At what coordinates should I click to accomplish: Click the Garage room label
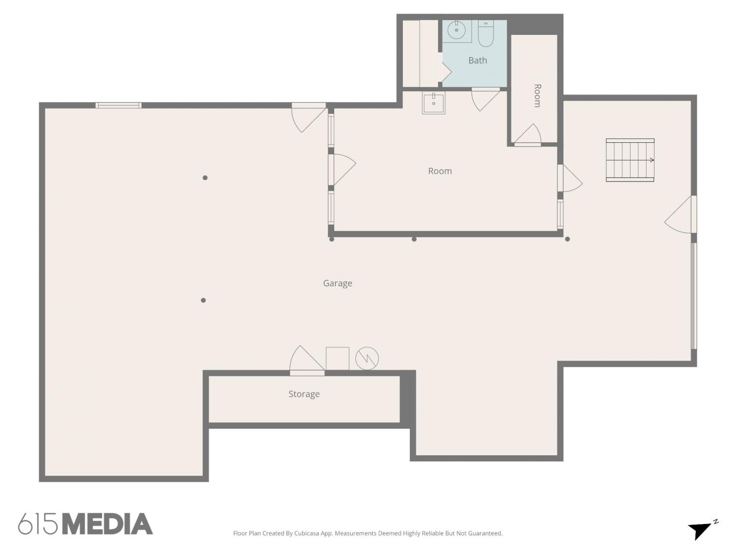tap(337, 284)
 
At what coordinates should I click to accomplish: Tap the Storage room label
tap(304, 394)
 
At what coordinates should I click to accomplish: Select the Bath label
tap(477, 60)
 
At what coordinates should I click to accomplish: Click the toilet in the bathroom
tap(485, 33)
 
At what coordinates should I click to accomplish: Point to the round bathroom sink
tap(456, 30)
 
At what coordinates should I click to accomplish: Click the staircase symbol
tap(630, 160)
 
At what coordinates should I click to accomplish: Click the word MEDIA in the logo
tap(108, 524)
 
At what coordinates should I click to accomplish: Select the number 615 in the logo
tap(38, 524)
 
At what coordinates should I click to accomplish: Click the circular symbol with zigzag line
tap(367, 359)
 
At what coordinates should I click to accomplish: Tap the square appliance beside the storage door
tap(337, 359)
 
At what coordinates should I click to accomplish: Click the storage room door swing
tap(307, 360)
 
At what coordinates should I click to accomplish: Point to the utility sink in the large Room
tap(434, 103)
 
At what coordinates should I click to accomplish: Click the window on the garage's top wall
tap(118, 105)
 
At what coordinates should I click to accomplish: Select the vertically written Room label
tap(537, 96)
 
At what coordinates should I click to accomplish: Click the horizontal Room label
tap(440, 171)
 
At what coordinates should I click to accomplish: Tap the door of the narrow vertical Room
tap(528, 135)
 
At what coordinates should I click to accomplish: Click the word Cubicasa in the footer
tap(307, 533)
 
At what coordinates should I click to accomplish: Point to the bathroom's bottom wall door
tap(486, 99)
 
